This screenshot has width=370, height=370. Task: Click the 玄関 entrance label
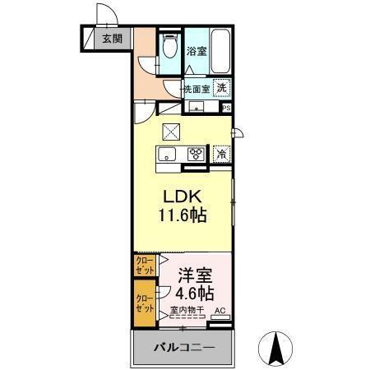[x=112, y=38]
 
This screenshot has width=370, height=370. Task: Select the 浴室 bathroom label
[x=197, y=51]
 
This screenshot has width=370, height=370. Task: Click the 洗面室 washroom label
[x=197, y=88]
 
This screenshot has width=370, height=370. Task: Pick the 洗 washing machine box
[x=222, y=87]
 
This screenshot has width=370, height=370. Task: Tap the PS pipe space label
[x=227, y=106]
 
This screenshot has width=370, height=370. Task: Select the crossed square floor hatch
[x=170, y=131]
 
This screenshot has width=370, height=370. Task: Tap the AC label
[x=220, y=311]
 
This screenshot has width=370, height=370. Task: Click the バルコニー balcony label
[x=183, y=349]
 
